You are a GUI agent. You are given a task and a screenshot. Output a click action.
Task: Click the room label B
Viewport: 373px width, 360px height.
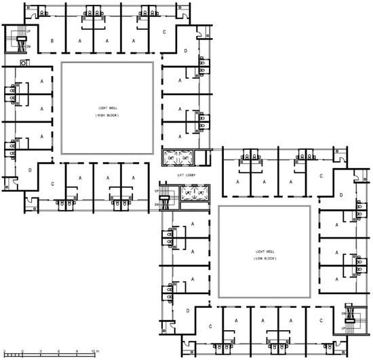pos(52,41)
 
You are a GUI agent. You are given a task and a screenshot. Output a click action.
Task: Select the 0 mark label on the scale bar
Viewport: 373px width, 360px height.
pos(23,351)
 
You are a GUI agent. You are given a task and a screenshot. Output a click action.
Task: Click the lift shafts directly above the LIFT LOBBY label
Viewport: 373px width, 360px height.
pos(178,158)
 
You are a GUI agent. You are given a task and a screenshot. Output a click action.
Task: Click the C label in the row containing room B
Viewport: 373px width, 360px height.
pos(164,33)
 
